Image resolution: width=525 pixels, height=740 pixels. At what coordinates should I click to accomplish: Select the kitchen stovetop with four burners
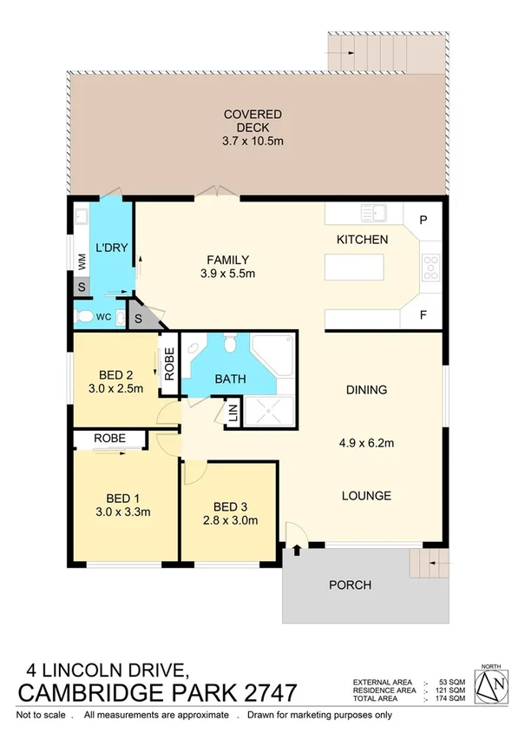point(430,267)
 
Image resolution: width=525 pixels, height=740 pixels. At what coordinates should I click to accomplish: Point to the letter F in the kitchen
point(423,315)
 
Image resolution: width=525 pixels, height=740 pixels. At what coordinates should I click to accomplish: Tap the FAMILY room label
point(228,260)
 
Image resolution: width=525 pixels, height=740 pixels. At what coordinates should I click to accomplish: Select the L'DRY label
point(112,248)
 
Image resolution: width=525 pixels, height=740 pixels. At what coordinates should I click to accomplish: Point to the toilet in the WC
point(84,317)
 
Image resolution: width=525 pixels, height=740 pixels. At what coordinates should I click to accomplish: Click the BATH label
point(231,379)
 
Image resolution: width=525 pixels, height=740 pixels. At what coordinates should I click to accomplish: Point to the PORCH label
point(351,585)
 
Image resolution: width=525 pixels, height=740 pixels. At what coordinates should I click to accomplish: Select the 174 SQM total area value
point(452,698)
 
